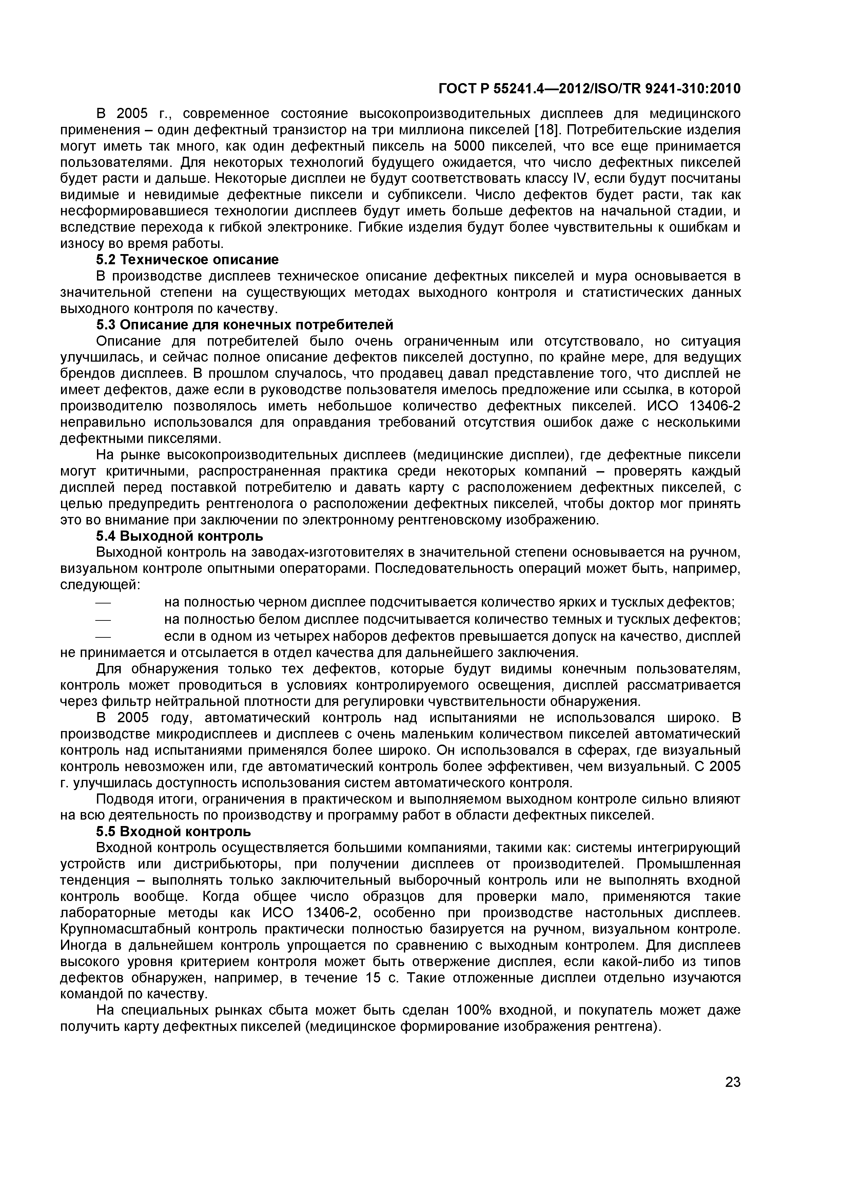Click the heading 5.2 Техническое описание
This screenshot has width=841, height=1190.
tap(187, 260)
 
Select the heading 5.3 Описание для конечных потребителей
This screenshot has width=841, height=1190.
tap(245, 325)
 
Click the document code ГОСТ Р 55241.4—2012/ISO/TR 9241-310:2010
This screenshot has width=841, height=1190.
tap(590, 89)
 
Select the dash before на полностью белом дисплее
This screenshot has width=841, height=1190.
tap(104, 620)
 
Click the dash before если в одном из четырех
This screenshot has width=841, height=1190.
tap(104, 636)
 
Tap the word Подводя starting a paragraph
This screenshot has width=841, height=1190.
tap(123, 799)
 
